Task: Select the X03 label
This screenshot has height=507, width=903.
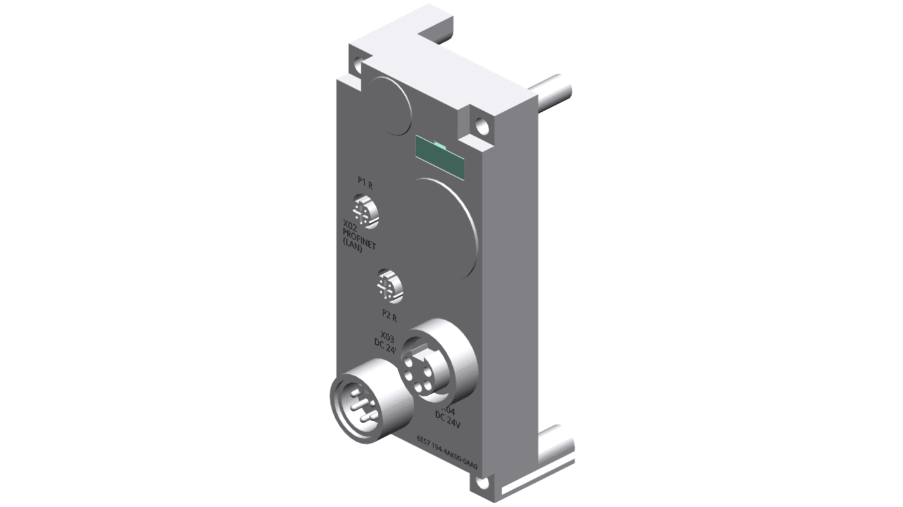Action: (x=387, y=336)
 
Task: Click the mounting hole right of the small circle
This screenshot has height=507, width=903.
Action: (x=482, y=127)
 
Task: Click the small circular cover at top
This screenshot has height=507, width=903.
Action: (x=390, y=105)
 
